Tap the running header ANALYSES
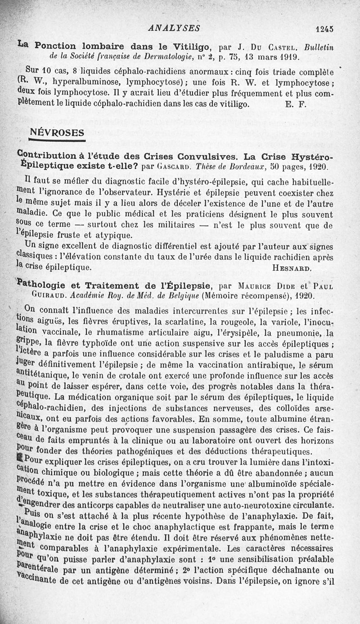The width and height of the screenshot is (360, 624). click(174, 28)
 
